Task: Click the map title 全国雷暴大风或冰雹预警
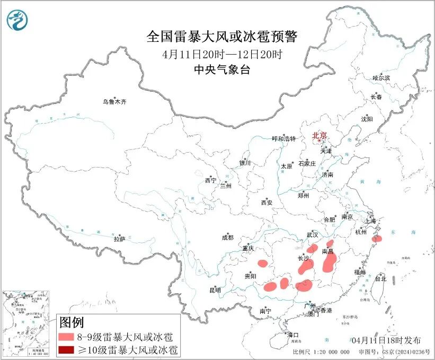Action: (222, 37)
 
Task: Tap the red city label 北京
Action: (319, 135)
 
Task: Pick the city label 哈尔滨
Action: (380, 78)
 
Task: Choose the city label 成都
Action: (228, 238)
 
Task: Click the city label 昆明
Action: (215, 290)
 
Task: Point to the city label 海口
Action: (293, 335)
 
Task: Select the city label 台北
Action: (380, 278)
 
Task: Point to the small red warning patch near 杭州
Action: (377, 238)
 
